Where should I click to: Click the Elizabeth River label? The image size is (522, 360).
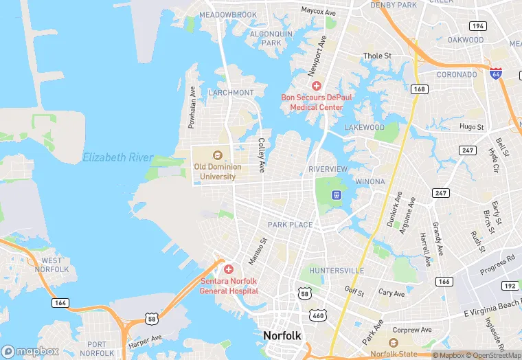tap(117, 157)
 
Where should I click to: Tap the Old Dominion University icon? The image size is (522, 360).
tap(218, 155)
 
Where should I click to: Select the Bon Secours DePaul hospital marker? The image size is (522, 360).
tap(317, 86)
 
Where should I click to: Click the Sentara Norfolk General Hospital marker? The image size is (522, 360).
tap(229, 269)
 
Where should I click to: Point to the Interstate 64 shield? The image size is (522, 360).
tap(495, 73)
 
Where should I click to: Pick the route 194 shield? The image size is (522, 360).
tap(478, 26)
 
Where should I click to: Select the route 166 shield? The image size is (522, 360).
tap(444, 282)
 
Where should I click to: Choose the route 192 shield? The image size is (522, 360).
tap(510, 285)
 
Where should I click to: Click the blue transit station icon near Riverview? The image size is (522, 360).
tap(337, 195)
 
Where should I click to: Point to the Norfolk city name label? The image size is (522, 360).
tap(282, 335)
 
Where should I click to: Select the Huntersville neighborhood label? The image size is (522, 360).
tap(337, 271)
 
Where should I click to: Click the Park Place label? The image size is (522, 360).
tap(290, 225)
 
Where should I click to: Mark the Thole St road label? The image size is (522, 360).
tap(377, 56)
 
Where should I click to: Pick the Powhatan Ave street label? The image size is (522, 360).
tap(193, 108)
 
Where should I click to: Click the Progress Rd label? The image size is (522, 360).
tap(498, 265)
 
